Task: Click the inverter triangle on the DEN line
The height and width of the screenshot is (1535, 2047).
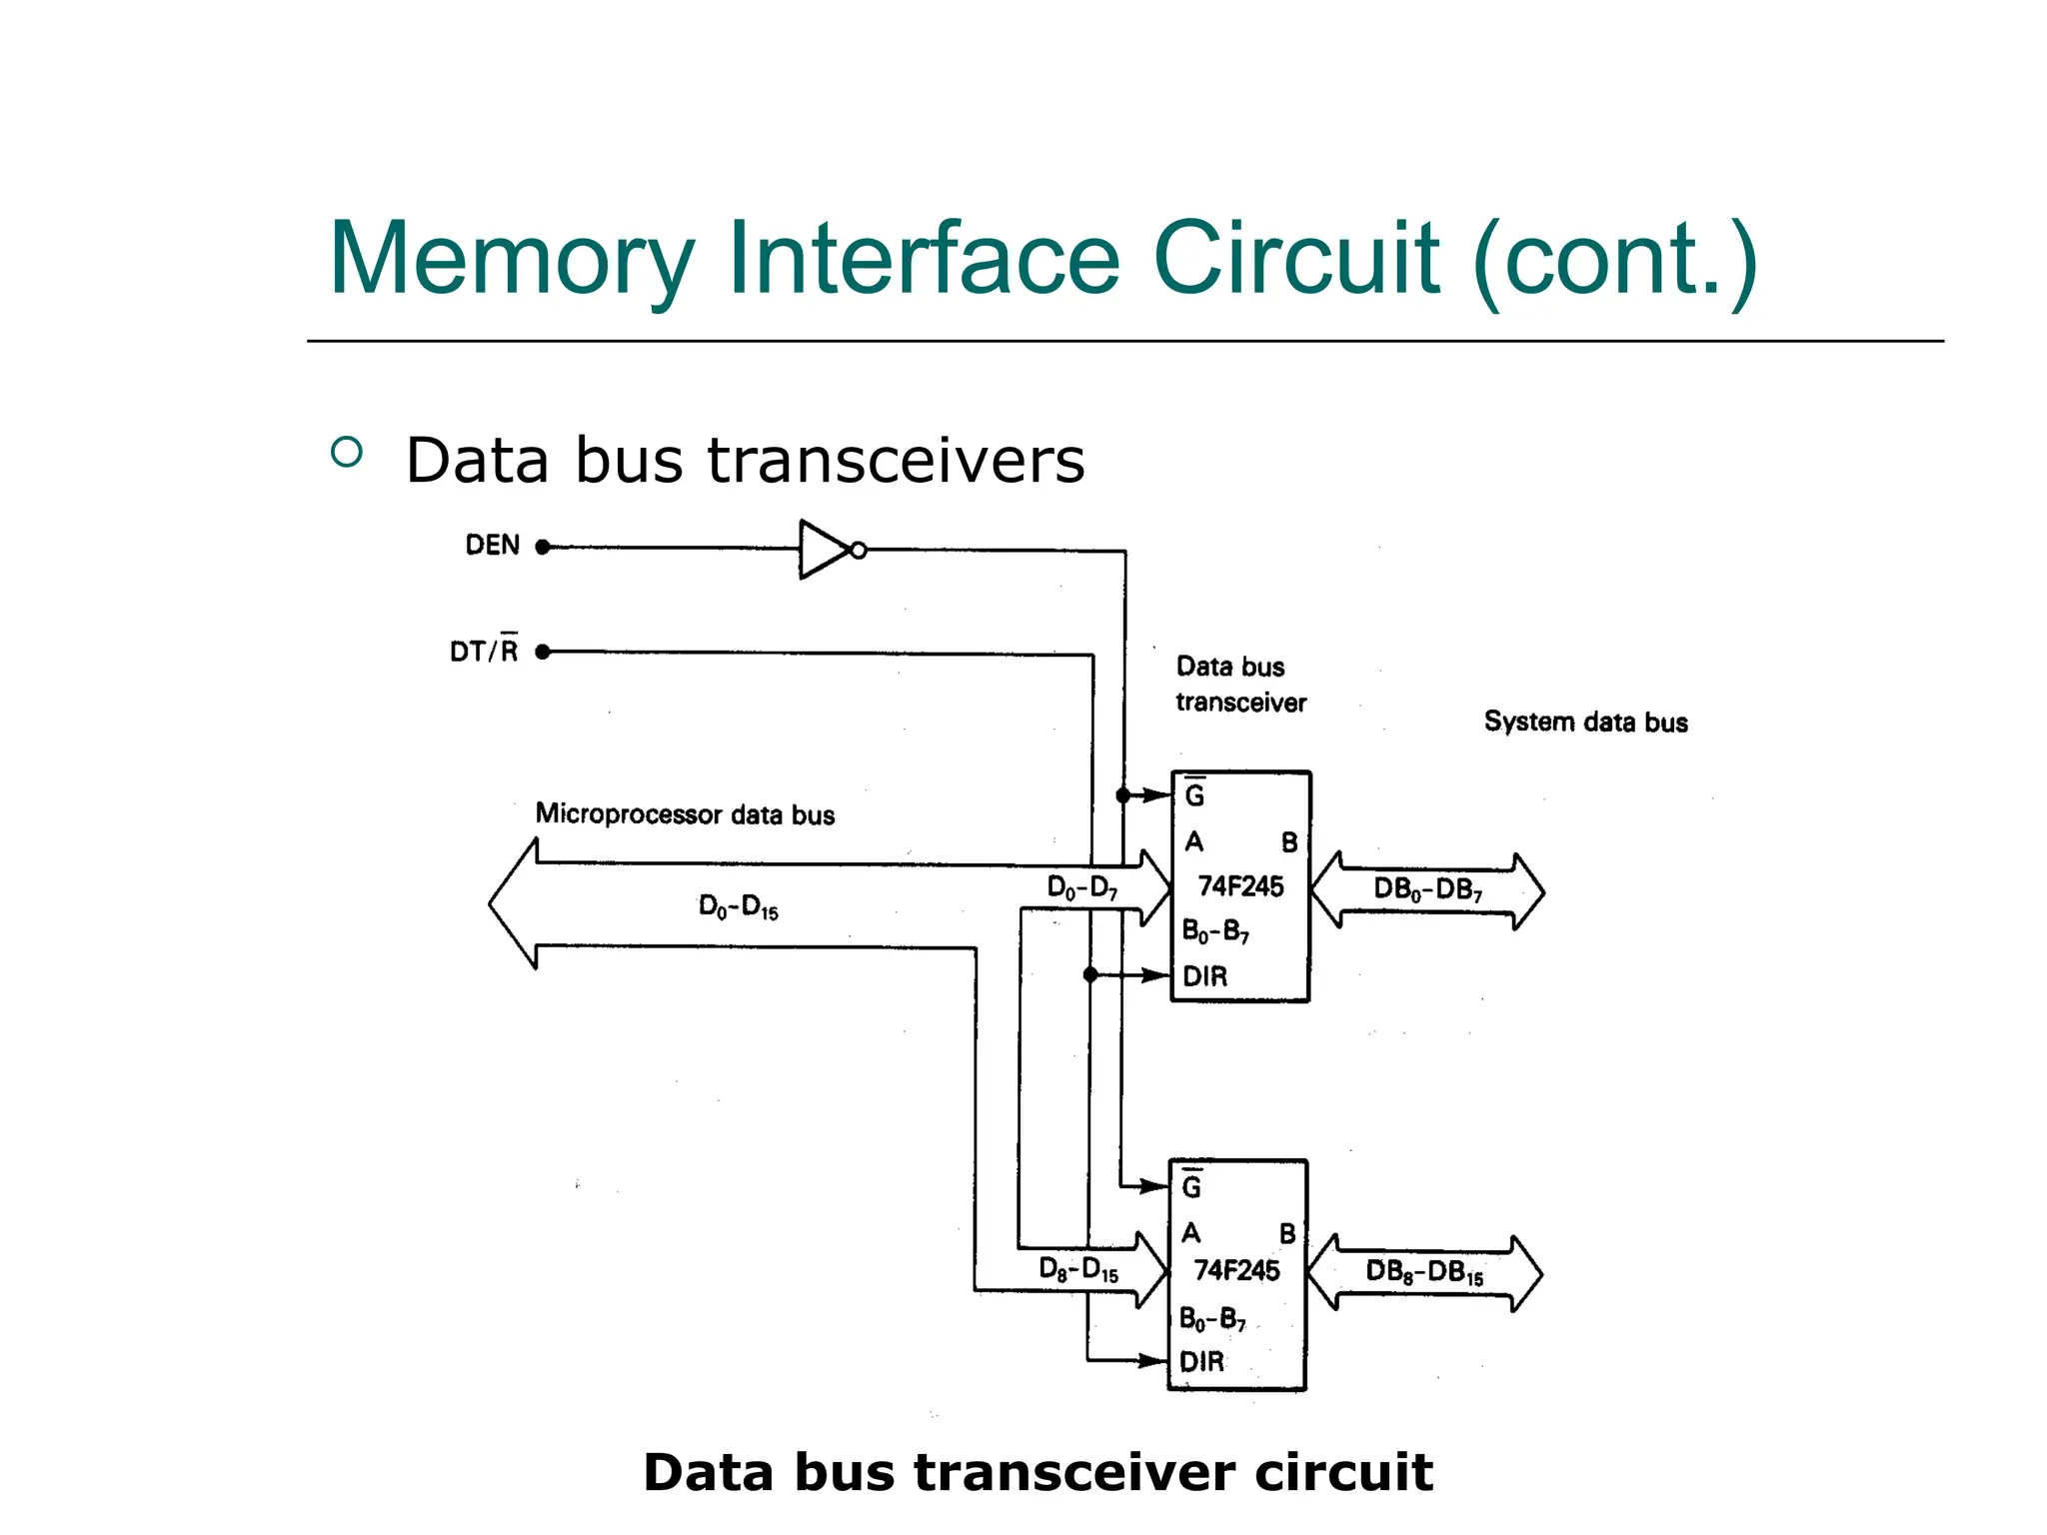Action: click(x=822, y=549)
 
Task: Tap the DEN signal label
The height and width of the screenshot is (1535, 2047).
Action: click(x=493, y=546)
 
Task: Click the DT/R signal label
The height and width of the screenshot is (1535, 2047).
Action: click(x=484, y=651)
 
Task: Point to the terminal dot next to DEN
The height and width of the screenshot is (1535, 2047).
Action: click(x=543, y=547)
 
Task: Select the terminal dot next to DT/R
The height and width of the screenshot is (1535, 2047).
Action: click(x=543, y=652)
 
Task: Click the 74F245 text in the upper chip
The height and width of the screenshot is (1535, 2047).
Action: click(x=1240, y=886)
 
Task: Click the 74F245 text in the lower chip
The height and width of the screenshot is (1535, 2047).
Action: click(x=1236, y=1270)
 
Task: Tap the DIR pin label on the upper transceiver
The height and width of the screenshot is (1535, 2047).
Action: click(x=1204, y=976)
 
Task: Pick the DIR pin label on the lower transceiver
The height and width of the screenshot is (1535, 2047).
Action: click(x=1201, y=1361)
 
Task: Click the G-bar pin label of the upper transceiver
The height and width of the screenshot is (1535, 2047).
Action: click(x=1194, y=794)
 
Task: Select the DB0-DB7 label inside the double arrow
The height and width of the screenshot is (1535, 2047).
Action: click(x=1427, y=889)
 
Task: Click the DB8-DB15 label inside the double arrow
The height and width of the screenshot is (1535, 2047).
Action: click(x=1424, y=1272)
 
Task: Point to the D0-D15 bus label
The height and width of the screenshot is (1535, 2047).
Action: click(x=738, y=907)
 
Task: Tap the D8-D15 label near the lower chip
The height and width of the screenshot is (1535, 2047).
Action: click(x=1078, y=1270)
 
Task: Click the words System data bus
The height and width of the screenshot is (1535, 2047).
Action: click(x=1585, y=722)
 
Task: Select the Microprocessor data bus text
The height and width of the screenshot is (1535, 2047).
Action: click(x=685, y=814)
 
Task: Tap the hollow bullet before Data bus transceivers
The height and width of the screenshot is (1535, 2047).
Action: click(x=346, y=453)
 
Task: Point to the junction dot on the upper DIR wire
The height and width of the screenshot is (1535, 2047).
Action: click(x=1090, y=974)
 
